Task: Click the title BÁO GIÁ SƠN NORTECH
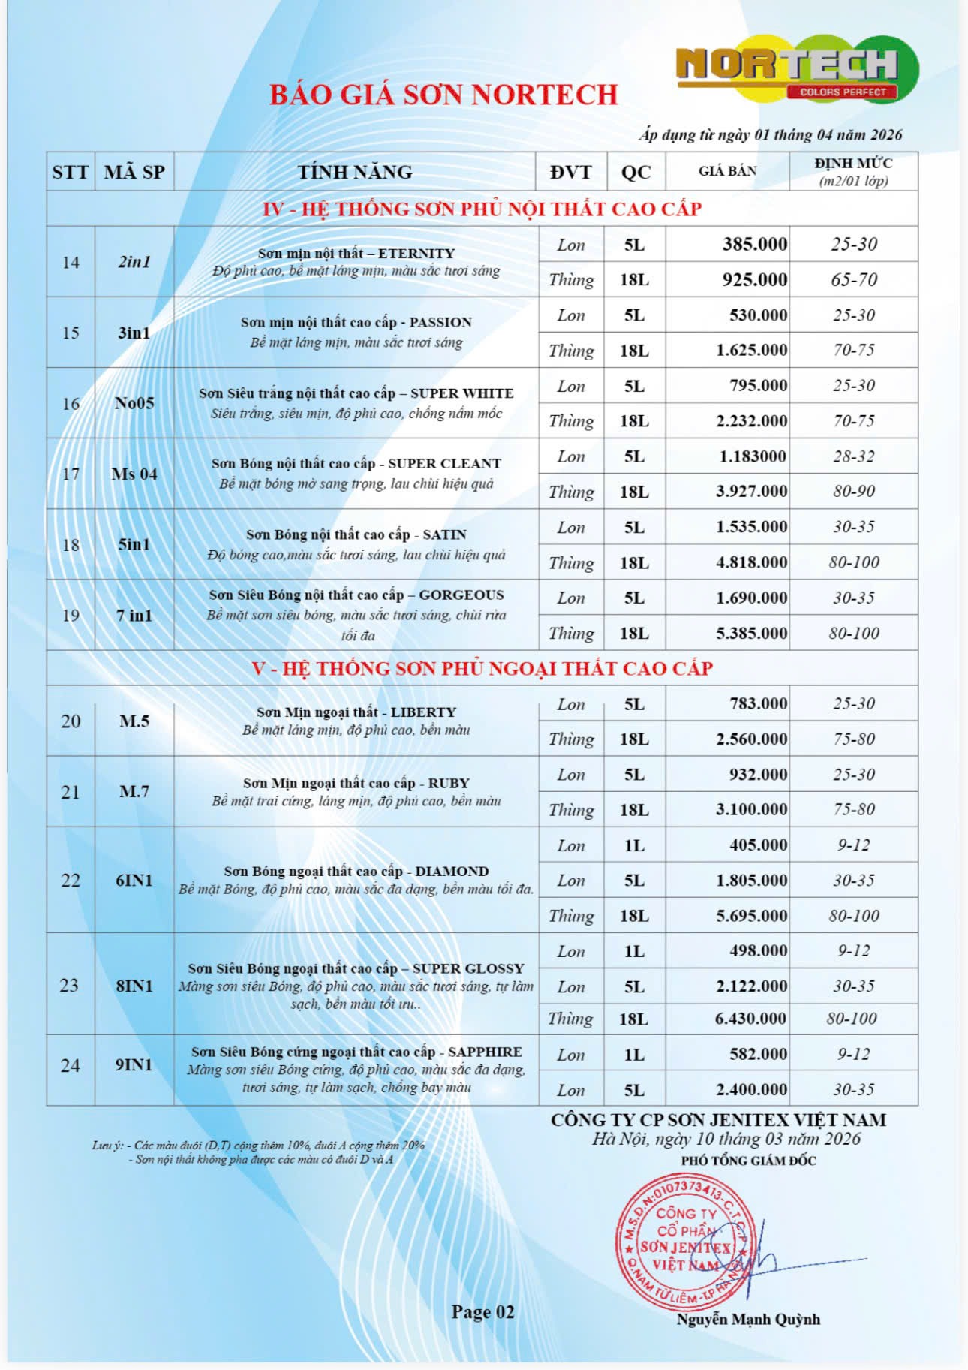pos(443,95)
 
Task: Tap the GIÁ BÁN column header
pos(727,171)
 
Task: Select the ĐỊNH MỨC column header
pos(854,171)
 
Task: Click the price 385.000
pos(754,244)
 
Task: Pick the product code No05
pos(134,403)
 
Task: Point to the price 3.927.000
pos(751,491)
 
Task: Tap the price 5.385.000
pos(751,633)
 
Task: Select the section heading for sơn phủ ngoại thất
pos(482,668)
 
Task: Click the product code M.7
pos(134,791)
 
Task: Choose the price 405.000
pos(758,845)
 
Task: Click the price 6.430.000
pos(750,1018)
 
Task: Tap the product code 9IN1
pos(134,1064)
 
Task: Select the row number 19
pos(71,616)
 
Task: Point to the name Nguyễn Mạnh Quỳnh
pos(747,1319)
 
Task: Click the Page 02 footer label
pos(482,1311)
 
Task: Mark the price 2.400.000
pos(751,1089)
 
